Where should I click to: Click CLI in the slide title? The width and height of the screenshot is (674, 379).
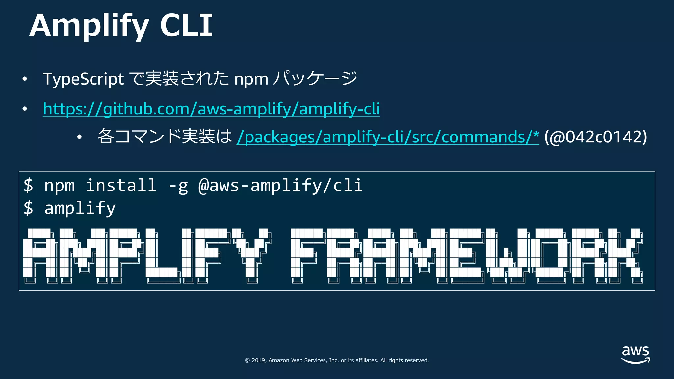186,26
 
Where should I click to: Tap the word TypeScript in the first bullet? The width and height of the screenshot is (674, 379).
83,79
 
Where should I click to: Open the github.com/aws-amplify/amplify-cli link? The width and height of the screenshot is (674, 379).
211,109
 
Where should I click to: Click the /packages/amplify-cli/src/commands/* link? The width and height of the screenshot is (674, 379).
388,137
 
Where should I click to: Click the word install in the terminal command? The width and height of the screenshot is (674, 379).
121,185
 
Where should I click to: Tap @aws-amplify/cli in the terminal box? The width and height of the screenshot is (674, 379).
280,185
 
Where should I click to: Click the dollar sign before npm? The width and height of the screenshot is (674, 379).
29,185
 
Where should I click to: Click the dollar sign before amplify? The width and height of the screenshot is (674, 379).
29,208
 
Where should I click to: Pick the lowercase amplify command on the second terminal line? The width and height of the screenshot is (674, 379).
80,208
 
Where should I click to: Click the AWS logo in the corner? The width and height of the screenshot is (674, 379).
635,355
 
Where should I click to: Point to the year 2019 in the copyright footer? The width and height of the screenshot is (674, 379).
259,360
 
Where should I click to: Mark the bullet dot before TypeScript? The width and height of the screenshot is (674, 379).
25,79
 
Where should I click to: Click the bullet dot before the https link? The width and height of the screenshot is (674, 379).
25,109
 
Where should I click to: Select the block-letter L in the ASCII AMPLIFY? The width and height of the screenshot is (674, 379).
161,255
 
